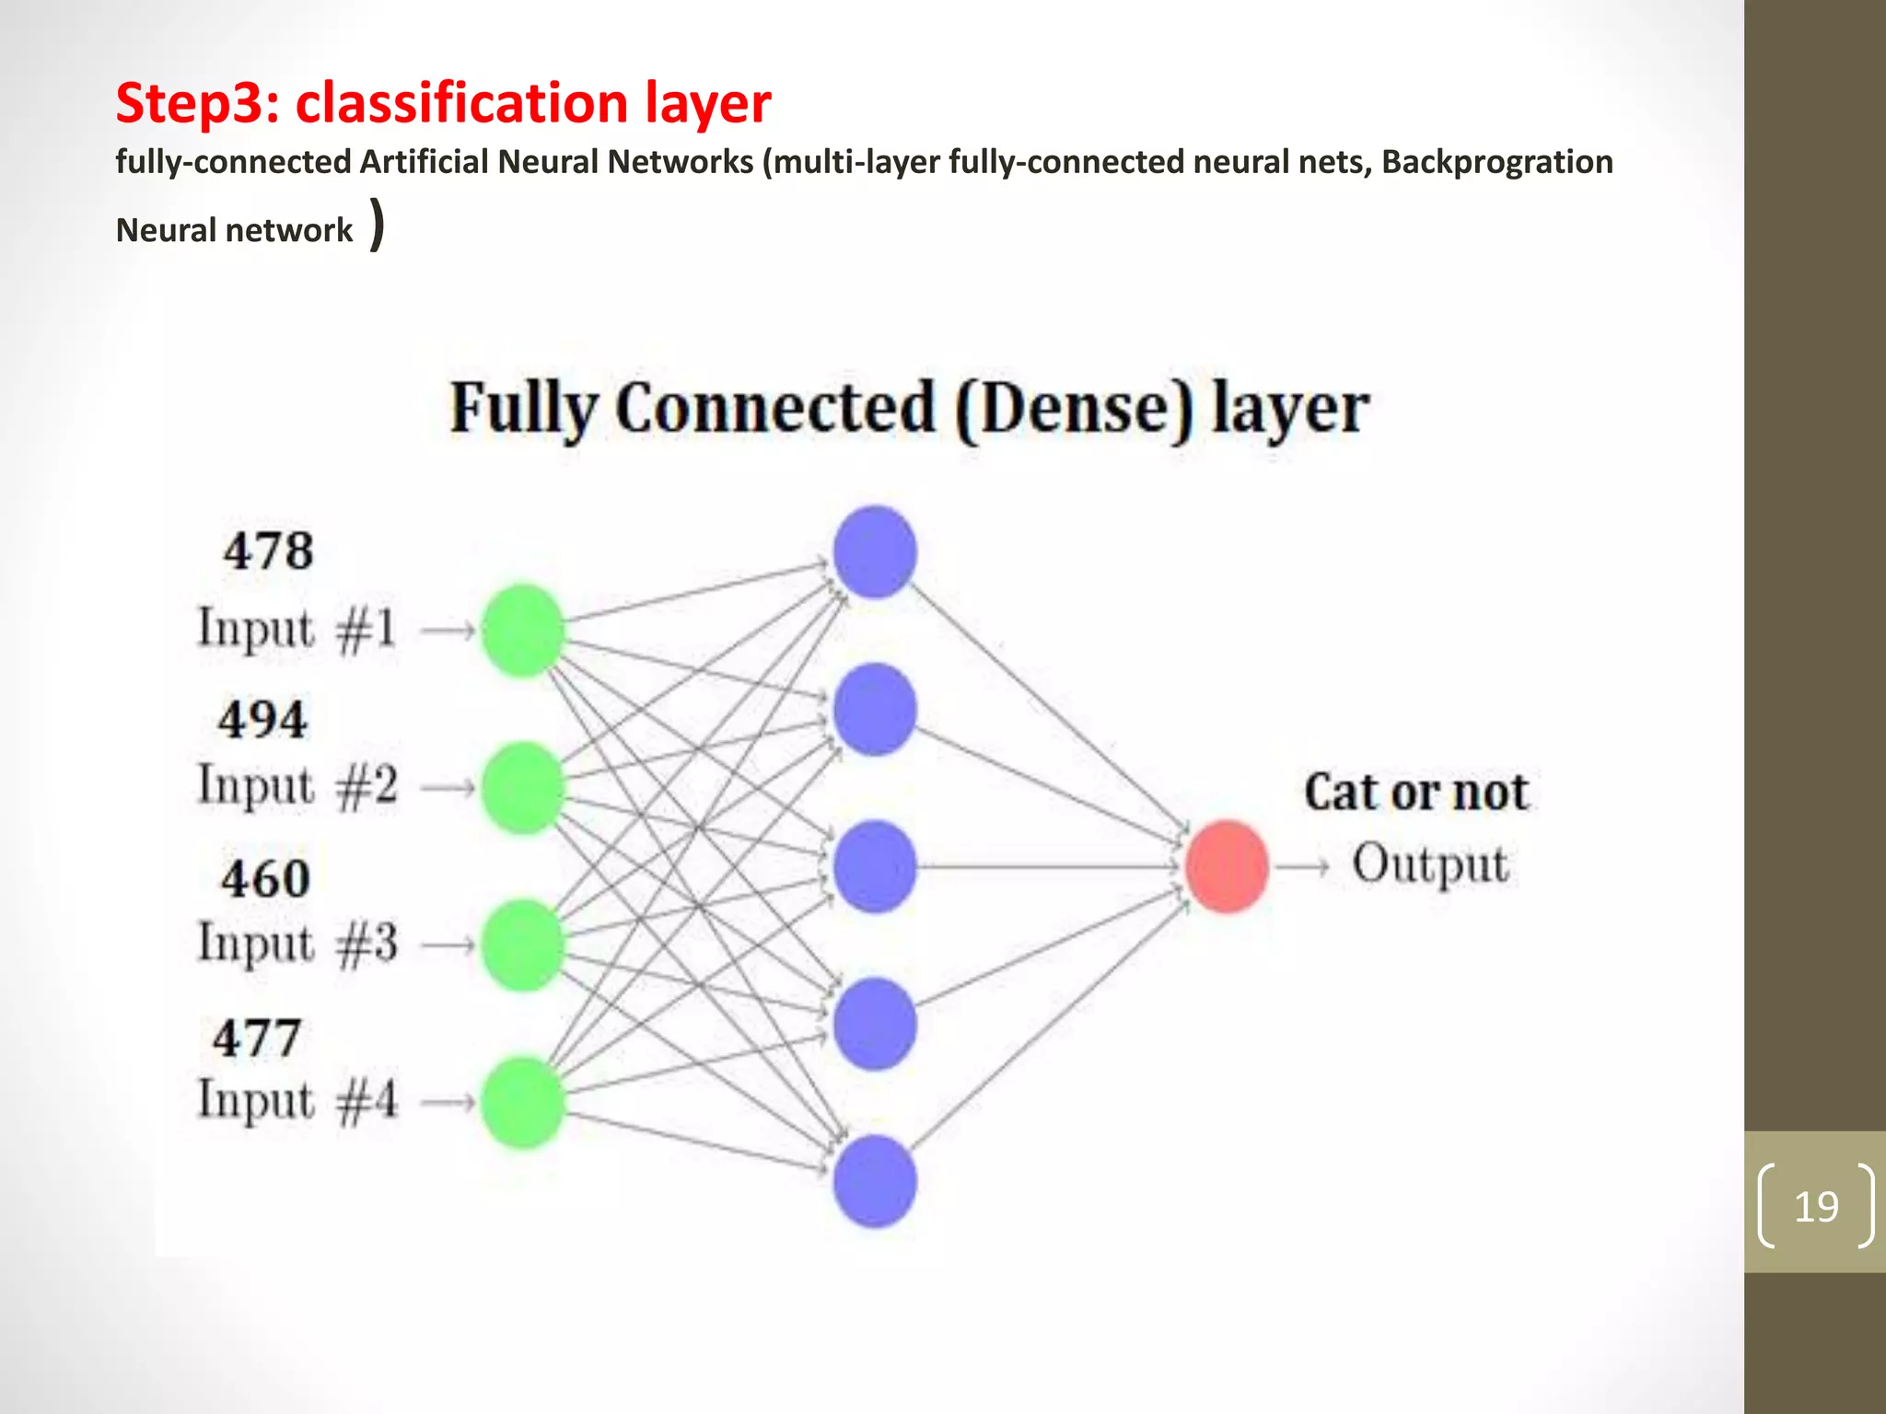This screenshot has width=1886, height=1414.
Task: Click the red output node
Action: [1226, 866]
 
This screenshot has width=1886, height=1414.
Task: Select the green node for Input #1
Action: [522, 631]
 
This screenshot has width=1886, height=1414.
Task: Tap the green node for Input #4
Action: [522, 1102]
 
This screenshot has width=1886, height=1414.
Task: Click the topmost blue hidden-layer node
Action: [875, 551]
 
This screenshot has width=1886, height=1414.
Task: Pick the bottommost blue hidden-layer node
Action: [875, 1181]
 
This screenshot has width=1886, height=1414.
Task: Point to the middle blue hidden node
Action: [875, 866]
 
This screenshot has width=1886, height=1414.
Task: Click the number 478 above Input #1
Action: [268, 551]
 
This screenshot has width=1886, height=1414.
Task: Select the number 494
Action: [262, 720]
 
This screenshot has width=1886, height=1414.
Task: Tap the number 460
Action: [265, 878]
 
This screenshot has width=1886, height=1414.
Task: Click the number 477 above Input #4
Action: [257, 1038]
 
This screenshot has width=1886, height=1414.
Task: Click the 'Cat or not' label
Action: [1415, 793]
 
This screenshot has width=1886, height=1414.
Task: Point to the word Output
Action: [1430, 864]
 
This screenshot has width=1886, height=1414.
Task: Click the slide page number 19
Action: [1816, 1206]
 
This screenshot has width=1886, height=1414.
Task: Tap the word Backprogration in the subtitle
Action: [1496, 162]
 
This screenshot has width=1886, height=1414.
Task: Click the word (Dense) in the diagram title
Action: [1074, 409]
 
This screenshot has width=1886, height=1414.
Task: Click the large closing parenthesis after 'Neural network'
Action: [377, 226]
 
